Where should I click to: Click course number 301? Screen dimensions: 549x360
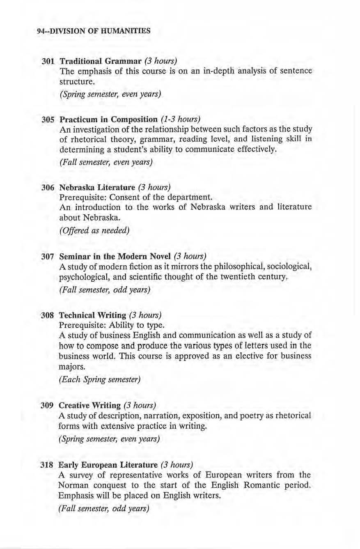pos(48,61)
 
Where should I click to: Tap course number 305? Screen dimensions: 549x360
pos(48,120)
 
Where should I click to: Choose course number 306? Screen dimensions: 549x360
pos(48,187)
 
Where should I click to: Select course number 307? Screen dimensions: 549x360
pos(48,257)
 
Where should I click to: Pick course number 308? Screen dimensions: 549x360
pos(48,315)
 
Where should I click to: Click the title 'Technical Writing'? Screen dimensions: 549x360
pos(93,315)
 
